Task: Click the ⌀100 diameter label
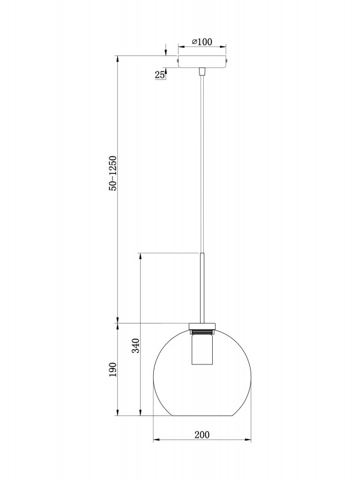[x=202, y=41]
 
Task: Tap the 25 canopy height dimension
[x=159, y=75]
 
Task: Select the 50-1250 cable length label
[x=112, y=174]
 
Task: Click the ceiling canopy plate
[x=202, y=61]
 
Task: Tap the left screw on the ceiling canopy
[x=178, y=60]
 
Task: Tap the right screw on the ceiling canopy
[x=227, y=60]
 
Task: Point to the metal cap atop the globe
[x=202, y=325]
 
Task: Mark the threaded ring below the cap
[x=202, y=331]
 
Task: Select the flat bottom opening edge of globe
[x=203, y=416]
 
